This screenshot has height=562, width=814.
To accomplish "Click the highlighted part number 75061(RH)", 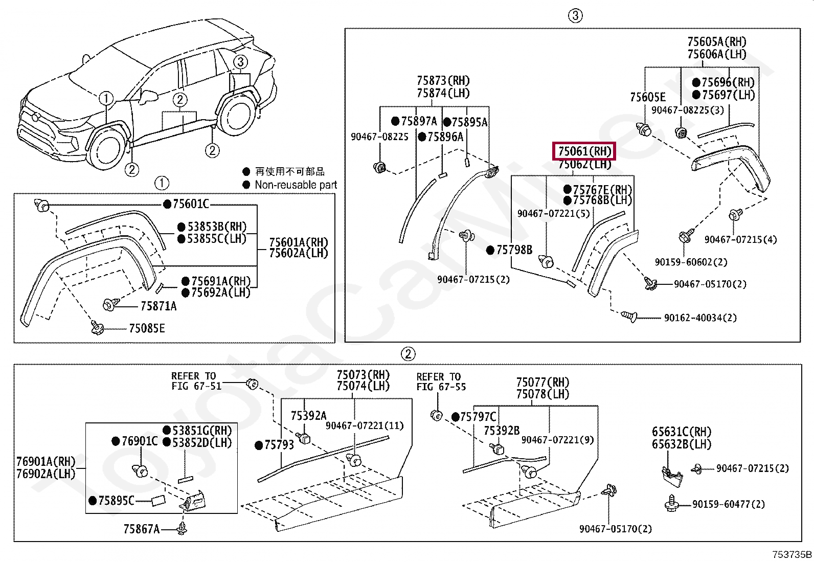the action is [584, 151].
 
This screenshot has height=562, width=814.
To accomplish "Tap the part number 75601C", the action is [191, 204].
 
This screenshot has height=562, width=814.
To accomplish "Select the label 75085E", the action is [147, 328].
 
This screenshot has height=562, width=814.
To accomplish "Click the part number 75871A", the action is [159, 306].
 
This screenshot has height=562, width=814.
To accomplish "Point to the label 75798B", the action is [514, 250].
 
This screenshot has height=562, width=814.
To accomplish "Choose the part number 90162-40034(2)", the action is [700, 318].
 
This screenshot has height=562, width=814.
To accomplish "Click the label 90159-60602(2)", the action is [691, 262].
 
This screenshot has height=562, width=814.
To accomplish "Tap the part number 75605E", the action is [648, 98].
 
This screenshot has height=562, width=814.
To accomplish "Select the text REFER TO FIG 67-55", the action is [441, 381].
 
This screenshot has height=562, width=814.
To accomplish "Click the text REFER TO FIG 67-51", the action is [196, 380].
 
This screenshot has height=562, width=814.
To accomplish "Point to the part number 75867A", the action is [141, 529].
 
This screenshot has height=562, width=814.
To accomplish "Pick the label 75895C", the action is [116, 501].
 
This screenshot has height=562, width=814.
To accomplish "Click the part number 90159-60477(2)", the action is [728, 504].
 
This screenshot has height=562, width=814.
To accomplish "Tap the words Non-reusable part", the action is [296, 185].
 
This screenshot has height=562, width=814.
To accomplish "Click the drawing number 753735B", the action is [792, 554].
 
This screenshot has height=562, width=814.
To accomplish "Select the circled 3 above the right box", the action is [575, 16].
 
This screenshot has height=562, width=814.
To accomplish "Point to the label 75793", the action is [279, 444].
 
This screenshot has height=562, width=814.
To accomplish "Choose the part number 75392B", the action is [502, 431].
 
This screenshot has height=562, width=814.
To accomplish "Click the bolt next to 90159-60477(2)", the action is [671, 503].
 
